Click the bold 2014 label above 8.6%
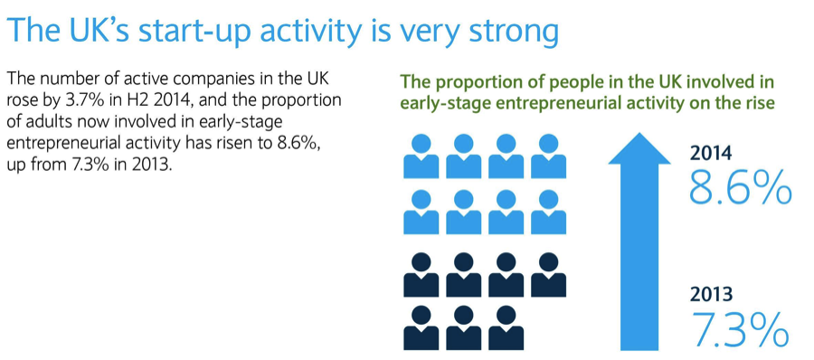coord(711,154)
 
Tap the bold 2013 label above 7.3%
coord(711,295)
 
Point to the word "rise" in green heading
coord(759,101)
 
